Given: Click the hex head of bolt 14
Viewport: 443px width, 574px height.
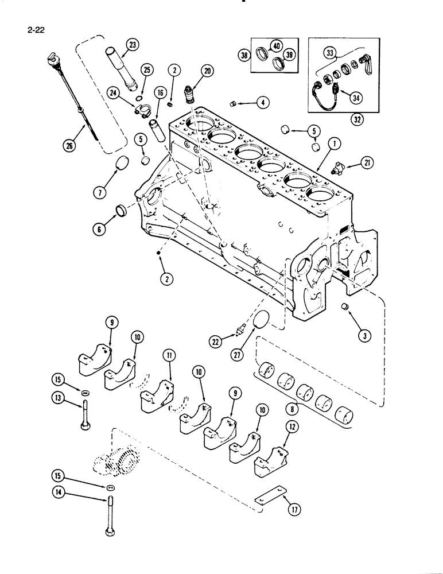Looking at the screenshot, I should pyautogui.click(x=109, y=536).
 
